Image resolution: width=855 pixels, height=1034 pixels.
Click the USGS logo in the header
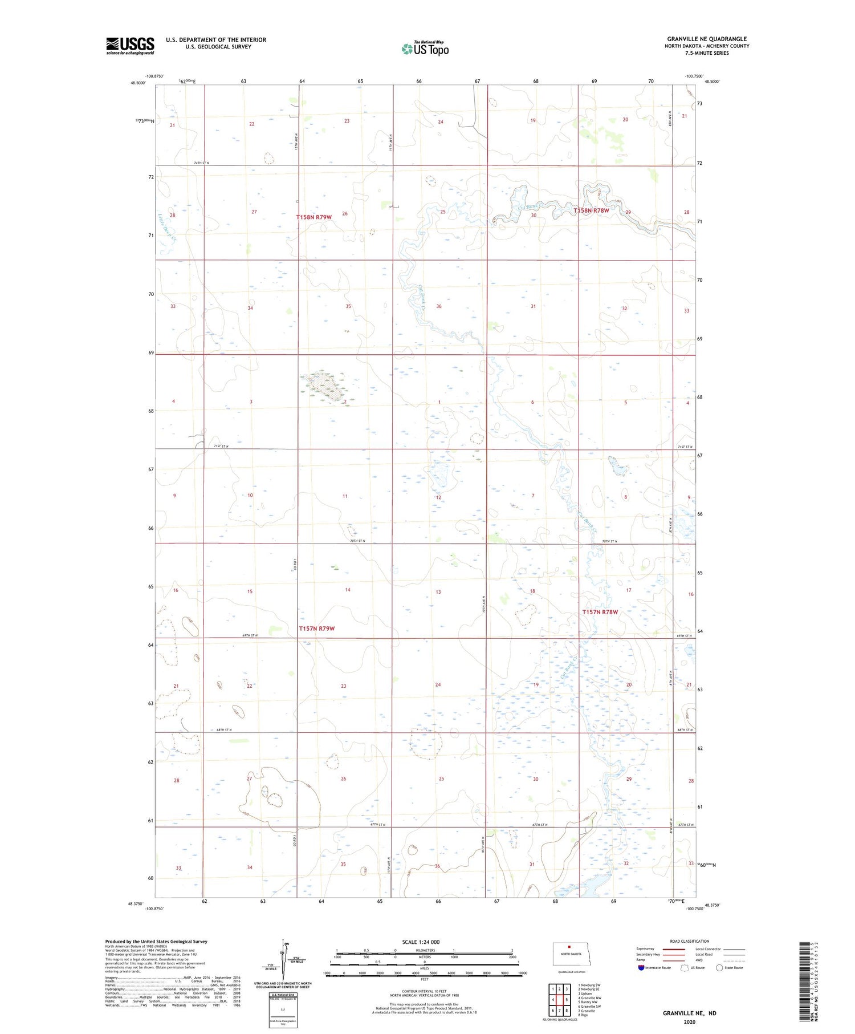(x=130, y=46)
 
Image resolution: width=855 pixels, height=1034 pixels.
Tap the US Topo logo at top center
(x=425, y=48)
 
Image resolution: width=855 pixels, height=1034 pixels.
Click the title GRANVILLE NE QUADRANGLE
(x=707, y=39)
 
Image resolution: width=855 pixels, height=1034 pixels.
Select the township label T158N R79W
(x=313, y=217)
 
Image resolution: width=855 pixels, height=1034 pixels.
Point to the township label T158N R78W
(x=591, y=210)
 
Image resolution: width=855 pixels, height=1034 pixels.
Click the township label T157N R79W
(x=316, y=628)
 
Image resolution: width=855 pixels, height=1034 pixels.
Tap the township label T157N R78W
(x=600, y=612)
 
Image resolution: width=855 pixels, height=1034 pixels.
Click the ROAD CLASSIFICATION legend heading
(x=690, y=941)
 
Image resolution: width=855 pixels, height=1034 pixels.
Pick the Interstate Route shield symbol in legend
(x=641, y=968)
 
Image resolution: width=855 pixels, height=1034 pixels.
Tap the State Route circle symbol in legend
(x=719, y=968)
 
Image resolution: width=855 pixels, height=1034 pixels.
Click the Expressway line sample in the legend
(x=673, y=949)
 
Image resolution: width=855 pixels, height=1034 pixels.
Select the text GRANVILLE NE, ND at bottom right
(x=689, y=1013)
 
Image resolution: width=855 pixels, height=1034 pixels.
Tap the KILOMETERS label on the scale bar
(x=425, y=950)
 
